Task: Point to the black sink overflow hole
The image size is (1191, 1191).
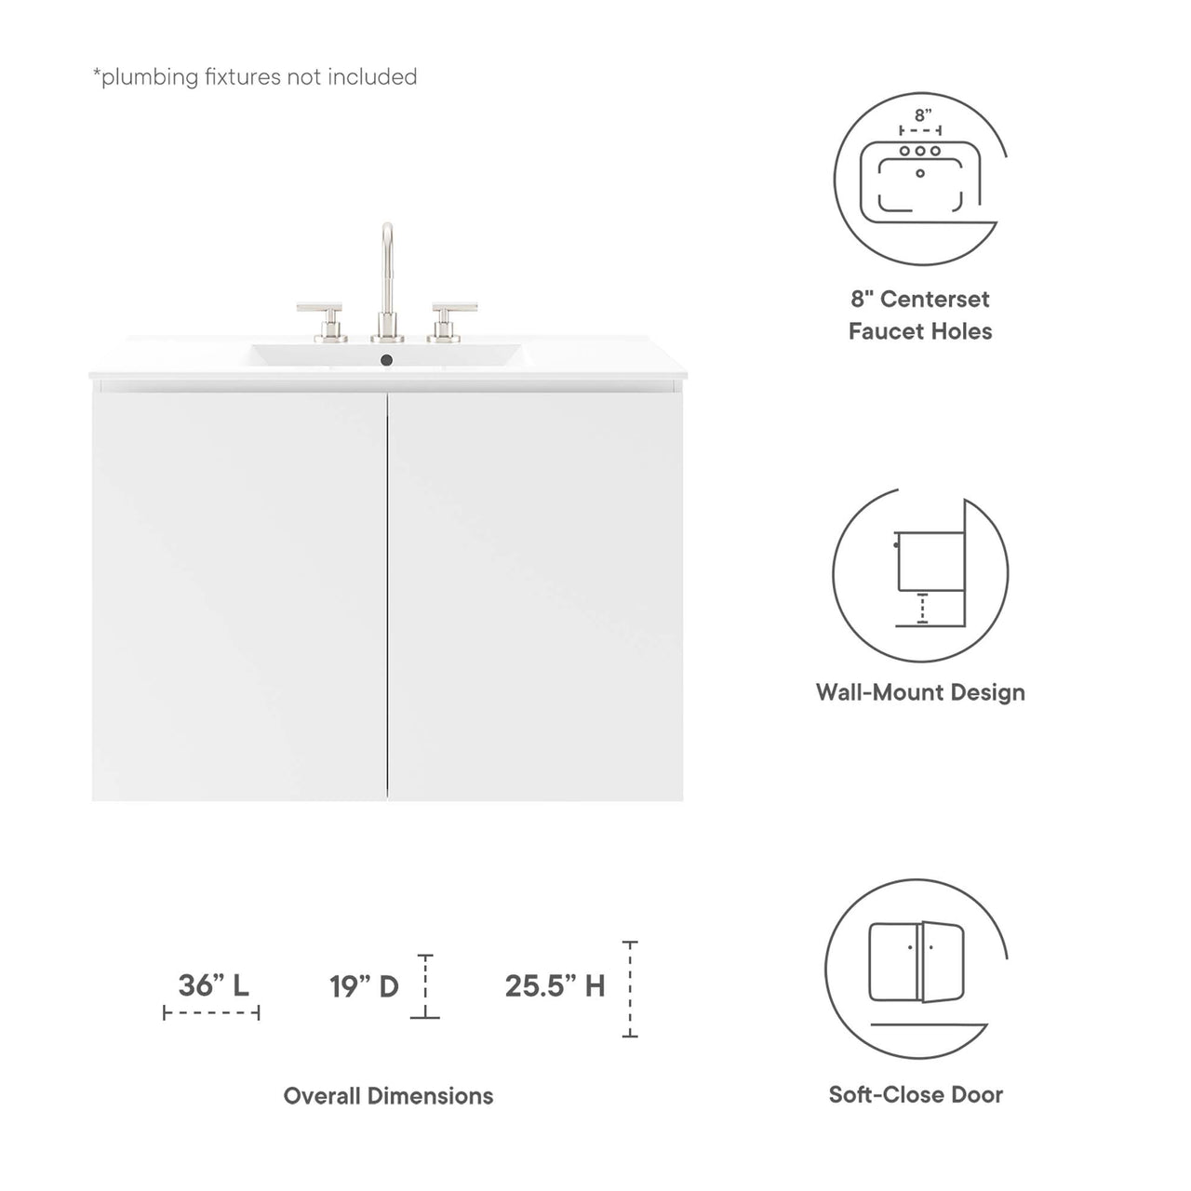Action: pyautogui.click(x=388, y=357)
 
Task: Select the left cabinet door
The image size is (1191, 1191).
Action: pyautogui.click(x=240, y=595)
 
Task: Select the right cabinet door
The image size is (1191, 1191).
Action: pyautogui.click(x=536, y=595)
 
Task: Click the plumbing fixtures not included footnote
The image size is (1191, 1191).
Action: pyautogui.click(x=254, y=76)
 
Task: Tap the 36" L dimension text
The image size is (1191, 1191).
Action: pyautogui.click(x=213, y=984)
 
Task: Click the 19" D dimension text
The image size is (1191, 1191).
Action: pyautogui.click(x=364, y=985)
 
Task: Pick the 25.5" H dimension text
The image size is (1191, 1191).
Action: pyautogui.click(x=555, y=985)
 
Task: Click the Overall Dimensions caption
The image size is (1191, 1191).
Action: pyautogui.click(x=388, y=1096)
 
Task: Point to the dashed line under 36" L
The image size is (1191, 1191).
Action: pyautogui.click(x=211, y=1012)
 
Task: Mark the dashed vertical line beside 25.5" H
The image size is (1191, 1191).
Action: pyautogui.click(x=630, y=989)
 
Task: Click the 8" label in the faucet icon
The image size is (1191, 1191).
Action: pyautogui.click(x=921, y=115)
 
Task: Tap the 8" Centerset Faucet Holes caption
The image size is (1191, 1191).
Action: pyautogui.click(x=920, y=314)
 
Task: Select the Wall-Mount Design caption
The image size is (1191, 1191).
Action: pyautogui.click(x=920, y=692)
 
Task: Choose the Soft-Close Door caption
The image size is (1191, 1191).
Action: pyautogui.click(x=917, y=1094)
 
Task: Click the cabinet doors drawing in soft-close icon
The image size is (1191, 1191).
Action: pyautogui.click(x=917, y=962)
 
